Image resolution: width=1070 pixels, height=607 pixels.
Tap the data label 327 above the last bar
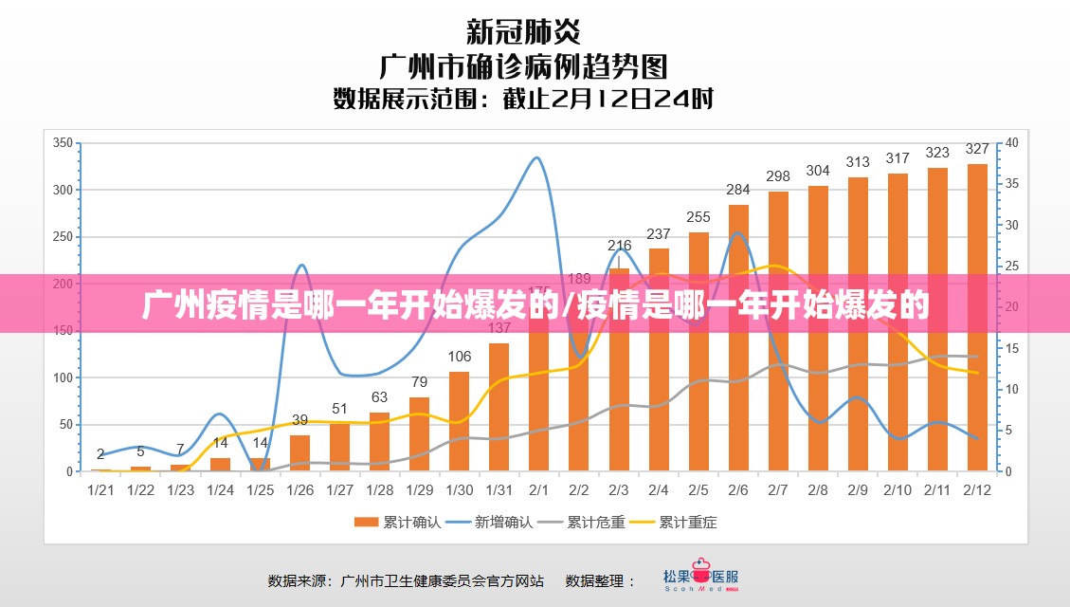[977, 149]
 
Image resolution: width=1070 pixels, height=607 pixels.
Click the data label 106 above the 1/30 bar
[460, 357]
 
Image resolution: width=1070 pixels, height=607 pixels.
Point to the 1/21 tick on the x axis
[100, 490]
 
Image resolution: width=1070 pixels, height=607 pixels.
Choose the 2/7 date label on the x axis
[778, 490]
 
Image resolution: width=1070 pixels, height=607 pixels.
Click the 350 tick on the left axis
[63, 143]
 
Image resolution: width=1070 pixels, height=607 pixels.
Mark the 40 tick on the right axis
[1012, 143]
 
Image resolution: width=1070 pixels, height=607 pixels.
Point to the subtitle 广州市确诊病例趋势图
[523, 66]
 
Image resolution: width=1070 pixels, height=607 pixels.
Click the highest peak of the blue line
[537, 157]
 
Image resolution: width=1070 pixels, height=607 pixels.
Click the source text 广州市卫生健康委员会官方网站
[442, 579]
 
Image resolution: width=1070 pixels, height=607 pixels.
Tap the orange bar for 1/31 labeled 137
[499, 408]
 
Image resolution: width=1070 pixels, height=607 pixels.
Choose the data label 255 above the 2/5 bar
[698, 217]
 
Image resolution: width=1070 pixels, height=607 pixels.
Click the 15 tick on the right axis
[1012, 348]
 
